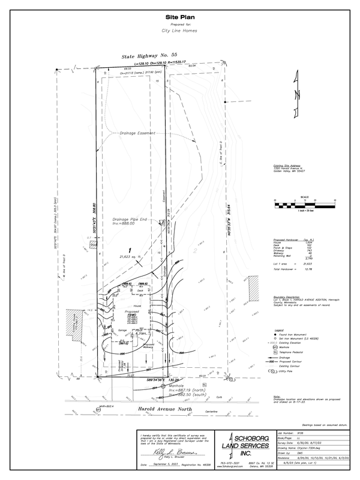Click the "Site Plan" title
click(x=180, y=17)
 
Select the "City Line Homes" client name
click(x=180, y=30)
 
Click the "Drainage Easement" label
click(x=137, y=133)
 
